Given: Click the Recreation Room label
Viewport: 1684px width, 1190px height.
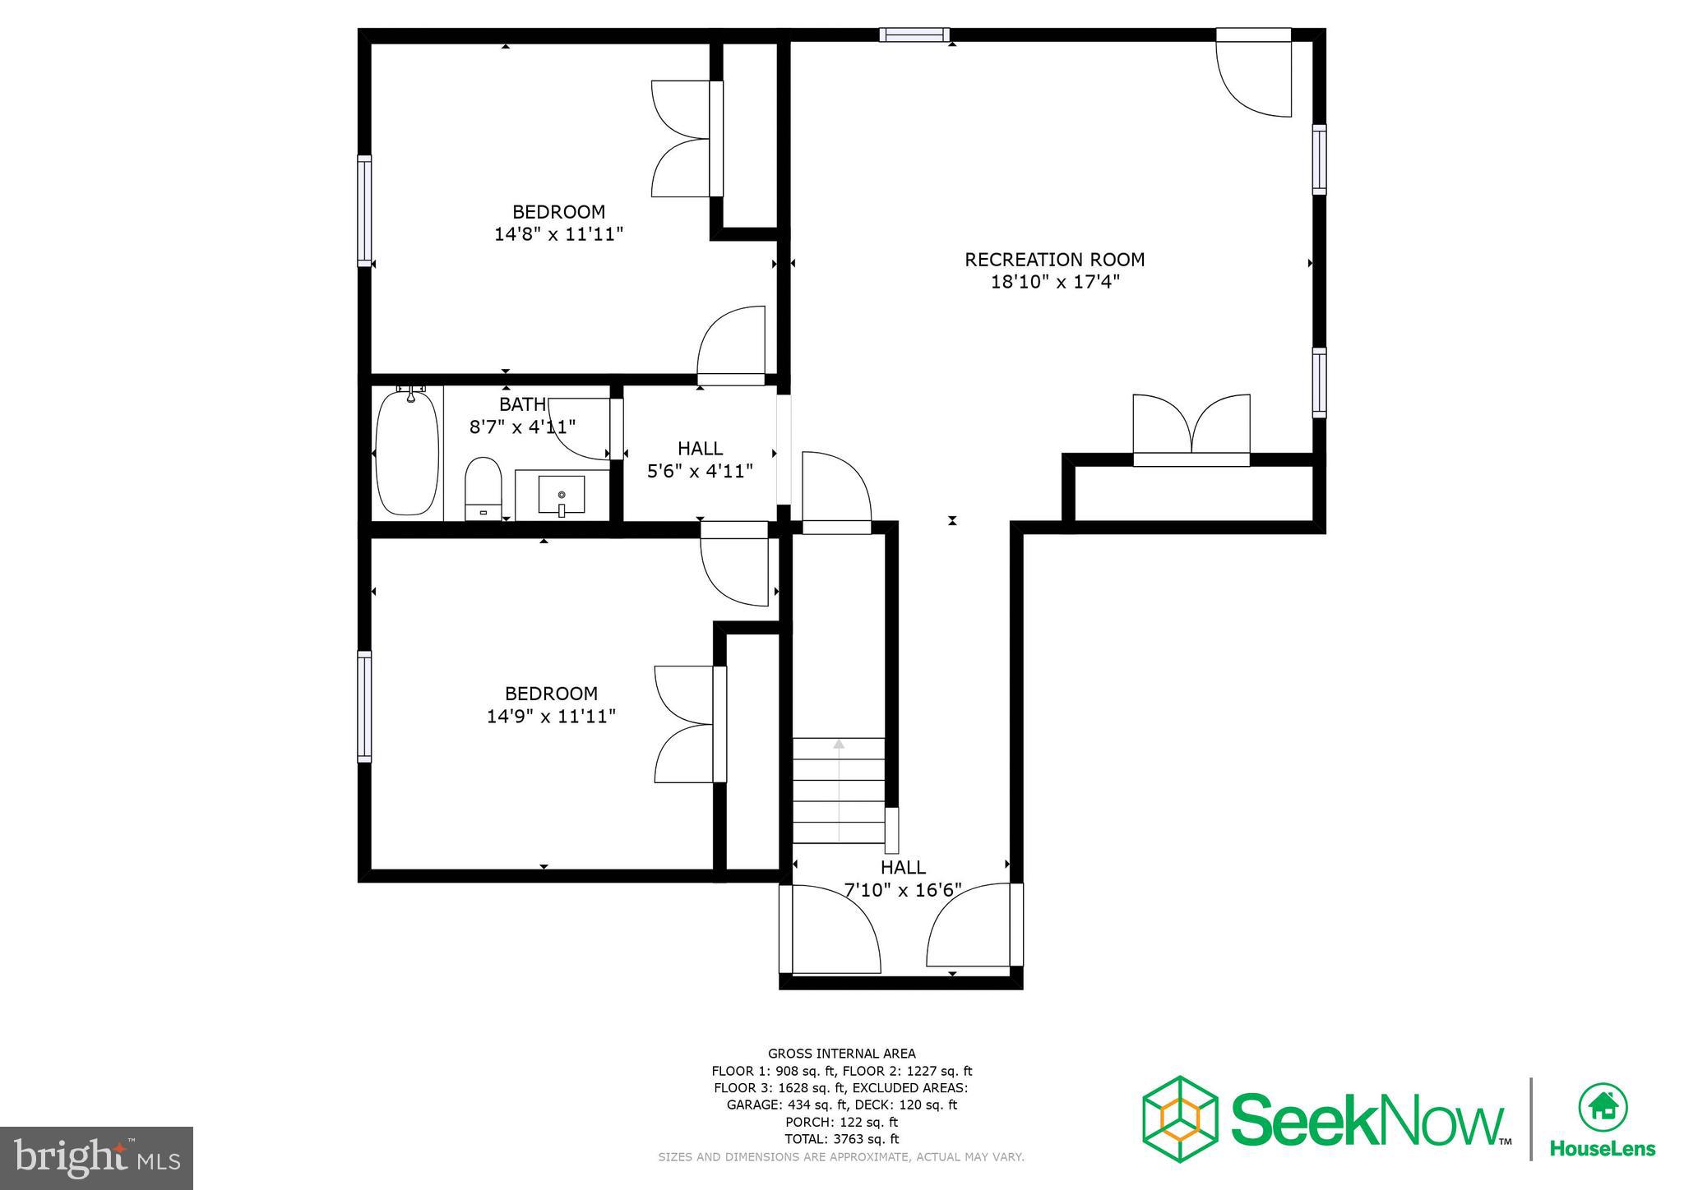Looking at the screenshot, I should pyautogui.click(x=1054, y=260).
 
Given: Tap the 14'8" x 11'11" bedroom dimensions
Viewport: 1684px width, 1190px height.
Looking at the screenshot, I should pyautogui.click(x=558, y=234).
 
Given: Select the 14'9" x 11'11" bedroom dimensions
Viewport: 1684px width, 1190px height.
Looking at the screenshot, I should pyautogui.click(x=551, y=716).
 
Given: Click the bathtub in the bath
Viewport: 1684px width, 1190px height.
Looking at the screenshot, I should pyautogui.click(x=408, y=454).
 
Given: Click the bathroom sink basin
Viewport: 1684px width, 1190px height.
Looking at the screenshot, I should pyautogui.click(x=562, y=495).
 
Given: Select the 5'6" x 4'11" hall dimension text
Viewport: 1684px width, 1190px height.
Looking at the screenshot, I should pyautogui.click(x=700, y=472).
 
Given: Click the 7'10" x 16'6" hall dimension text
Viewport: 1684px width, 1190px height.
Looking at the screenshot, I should pyautogui.click(x=903, y=890).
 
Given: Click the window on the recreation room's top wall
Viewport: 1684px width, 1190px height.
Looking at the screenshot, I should pyautogui.click(x=914, y=35).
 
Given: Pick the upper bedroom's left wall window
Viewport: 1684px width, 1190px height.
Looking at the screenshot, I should pyautogui.click(x=364, y=210).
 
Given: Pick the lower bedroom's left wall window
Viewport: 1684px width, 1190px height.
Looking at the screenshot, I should pyautogui.click(x=364, y=706).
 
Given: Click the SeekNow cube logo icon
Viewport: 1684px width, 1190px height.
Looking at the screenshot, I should pyautogui.click(x=1180, y=1119).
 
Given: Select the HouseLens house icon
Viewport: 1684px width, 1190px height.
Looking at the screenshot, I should pyautogui.click(x=1603, y=1108).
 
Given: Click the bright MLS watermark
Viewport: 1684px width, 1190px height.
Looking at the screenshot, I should pyautogui.click(x=96, y=1158).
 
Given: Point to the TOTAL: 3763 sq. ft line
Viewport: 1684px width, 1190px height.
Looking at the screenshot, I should pyautogui.click(x=841, y=1139).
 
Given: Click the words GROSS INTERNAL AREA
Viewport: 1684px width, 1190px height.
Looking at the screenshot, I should pyautogui.click(x=841, y=1054).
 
